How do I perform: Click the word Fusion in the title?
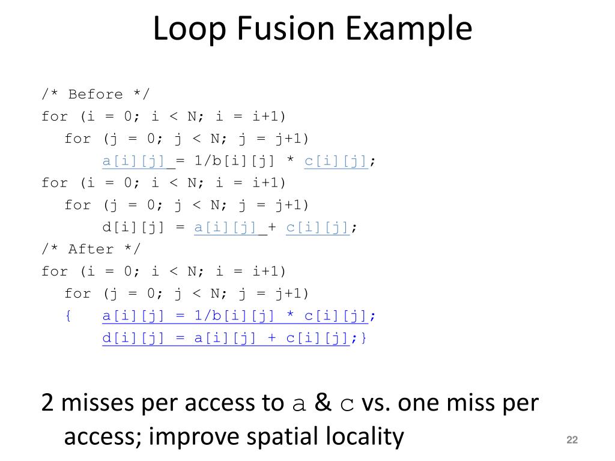[x=280, y=29]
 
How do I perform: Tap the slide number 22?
[x=572, y=441]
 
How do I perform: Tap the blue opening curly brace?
[x=68, y=316]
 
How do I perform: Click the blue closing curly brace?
[x=363, y=339]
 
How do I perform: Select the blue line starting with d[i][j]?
[x=225, y=339]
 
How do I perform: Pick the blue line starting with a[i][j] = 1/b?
[x=238, y=316]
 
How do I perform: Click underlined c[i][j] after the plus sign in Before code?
[x=318, y=227]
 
